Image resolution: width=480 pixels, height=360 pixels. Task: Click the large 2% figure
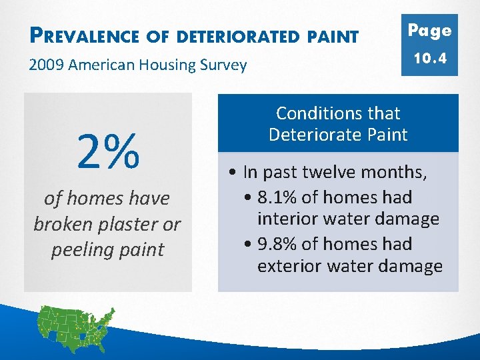(108, 151)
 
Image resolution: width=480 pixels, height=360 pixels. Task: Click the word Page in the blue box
(429, 31)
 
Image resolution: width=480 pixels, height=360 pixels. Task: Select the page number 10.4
(429, 59)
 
